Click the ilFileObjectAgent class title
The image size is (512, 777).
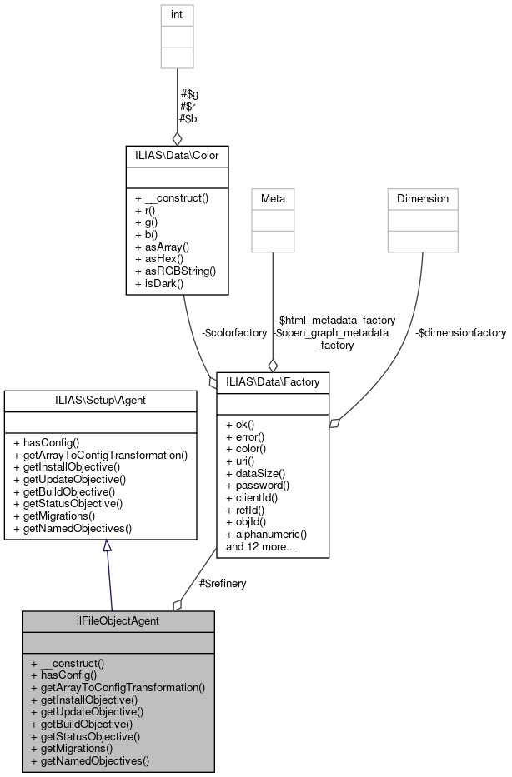(x=118, y=621)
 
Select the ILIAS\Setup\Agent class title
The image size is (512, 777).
(x=100, y=401)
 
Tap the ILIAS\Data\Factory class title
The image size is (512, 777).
(x=273, y=381)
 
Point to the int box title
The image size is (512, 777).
(x=176, y=14)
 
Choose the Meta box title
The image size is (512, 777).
(x=273, y=198)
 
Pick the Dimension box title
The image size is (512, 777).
(x=422, y=198)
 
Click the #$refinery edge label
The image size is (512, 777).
(x=223, y=583)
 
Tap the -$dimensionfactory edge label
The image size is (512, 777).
(x=460, y=332)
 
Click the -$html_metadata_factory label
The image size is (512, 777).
(x=335, y=320)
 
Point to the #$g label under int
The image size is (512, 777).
(x=188, y=94)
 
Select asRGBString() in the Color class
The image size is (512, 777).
(x=176, y=271)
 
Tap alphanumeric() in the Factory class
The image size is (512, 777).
(x=267, y=534)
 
